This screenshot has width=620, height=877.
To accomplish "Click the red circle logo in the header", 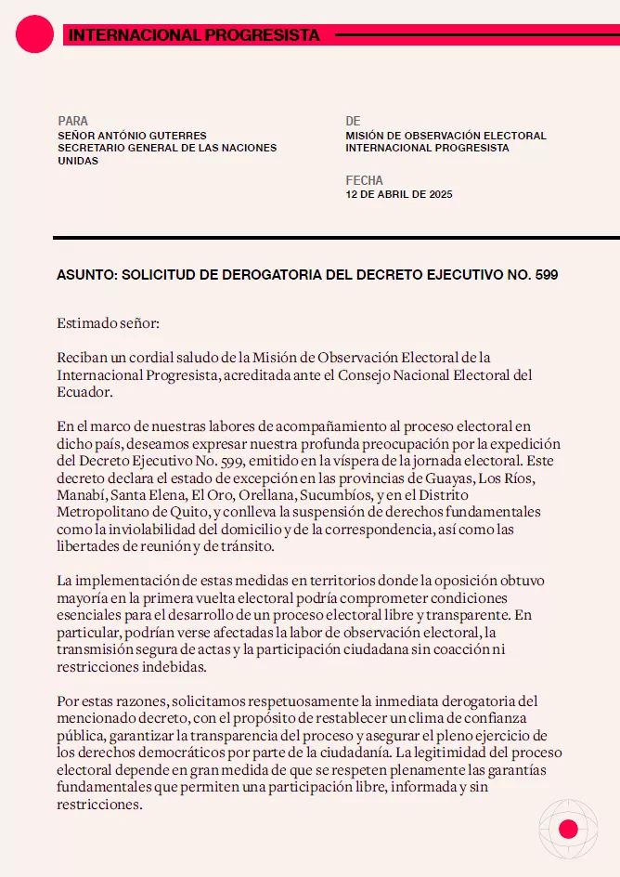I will [x=35, y=34].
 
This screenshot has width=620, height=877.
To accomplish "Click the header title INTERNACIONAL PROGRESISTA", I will [x=194, y=35].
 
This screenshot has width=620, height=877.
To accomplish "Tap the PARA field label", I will [x=73, y=121].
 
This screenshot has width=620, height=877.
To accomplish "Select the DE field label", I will [x=353, y=121].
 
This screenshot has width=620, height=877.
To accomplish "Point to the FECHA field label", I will [x=364, y=180].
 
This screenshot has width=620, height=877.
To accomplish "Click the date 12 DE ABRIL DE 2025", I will [x=398, y=194].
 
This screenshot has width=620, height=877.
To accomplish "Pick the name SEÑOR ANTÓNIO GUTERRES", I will [x=132, y=136].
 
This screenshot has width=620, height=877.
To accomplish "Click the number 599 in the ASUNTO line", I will [x=547, y=275].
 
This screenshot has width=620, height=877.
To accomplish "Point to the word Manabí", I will [x=81, y=495].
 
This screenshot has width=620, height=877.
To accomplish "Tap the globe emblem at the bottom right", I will [x=568, y=829].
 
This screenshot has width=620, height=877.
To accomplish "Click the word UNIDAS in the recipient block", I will [x=78, y=161].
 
